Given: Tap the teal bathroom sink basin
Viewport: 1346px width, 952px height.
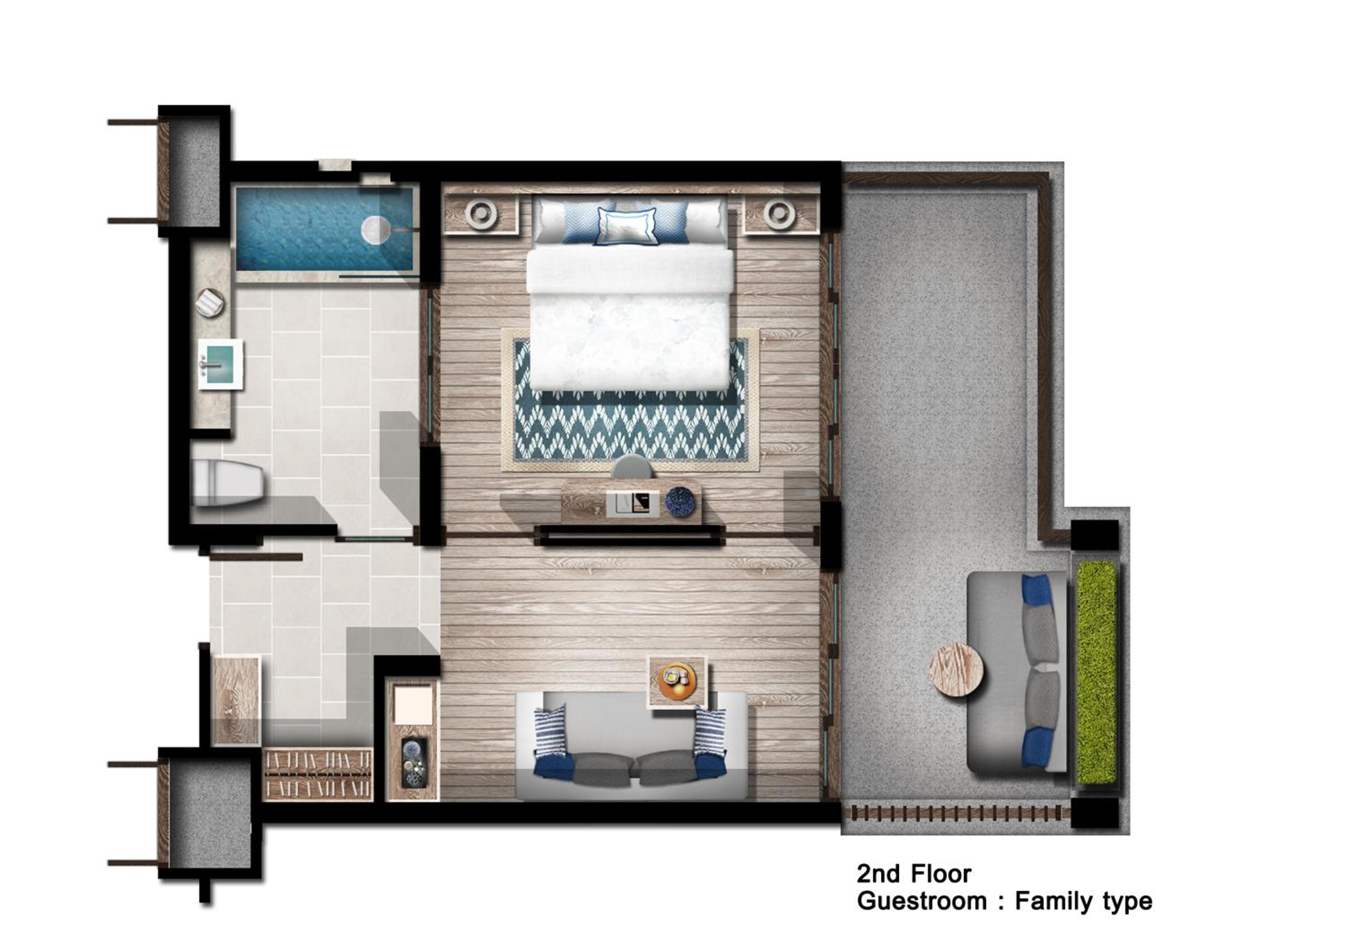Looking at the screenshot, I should (x=220, y=363).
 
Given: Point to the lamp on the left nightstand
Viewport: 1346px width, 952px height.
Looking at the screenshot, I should (x=481, y=214).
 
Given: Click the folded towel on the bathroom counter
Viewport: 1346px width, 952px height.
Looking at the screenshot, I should (x=210, y=303).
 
